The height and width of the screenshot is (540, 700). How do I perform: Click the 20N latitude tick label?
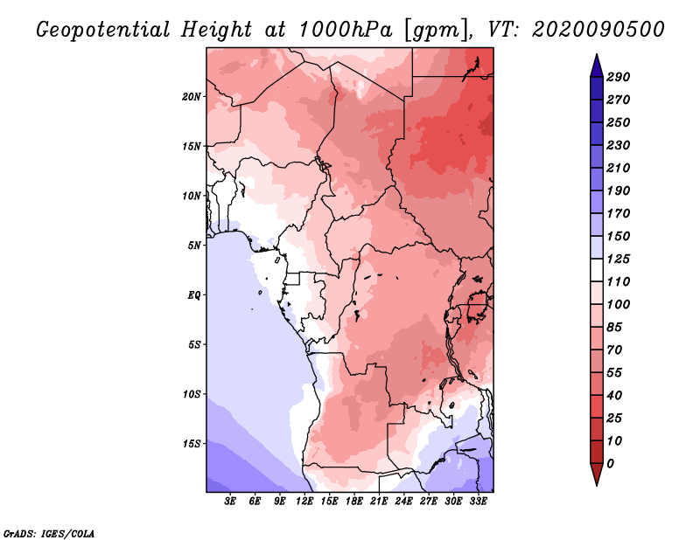point(192,96)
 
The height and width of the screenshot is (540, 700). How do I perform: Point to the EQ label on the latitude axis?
point(193,294)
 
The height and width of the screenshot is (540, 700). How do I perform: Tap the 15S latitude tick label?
point(192,444)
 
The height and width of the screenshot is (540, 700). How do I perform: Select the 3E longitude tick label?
point(230,501)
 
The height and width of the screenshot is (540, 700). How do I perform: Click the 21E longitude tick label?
point(379,501)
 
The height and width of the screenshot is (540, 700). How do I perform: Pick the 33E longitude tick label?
point(478,501)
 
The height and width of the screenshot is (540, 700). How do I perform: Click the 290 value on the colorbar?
point(619,77)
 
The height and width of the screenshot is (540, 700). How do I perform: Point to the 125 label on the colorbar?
point(619,259)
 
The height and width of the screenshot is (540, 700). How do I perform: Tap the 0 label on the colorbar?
point(611,464)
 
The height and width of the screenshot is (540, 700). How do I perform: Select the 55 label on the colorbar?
point(614,373)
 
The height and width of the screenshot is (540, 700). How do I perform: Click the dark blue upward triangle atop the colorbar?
point(597,66)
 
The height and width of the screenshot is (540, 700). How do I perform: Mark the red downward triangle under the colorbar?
point(597,474)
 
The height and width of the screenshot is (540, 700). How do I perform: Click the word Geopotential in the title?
point(103,30)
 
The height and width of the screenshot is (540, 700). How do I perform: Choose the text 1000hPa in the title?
point(346,30)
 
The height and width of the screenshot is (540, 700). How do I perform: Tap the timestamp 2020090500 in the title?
point(598,30)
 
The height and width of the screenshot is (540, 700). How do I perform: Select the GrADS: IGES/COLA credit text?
point(49,534)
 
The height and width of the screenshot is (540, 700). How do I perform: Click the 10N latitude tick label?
point(192,196)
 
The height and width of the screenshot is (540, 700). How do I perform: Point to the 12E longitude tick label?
point(304,501)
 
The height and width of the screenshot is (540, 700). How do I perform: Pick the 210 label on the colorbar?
point(619,168)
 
